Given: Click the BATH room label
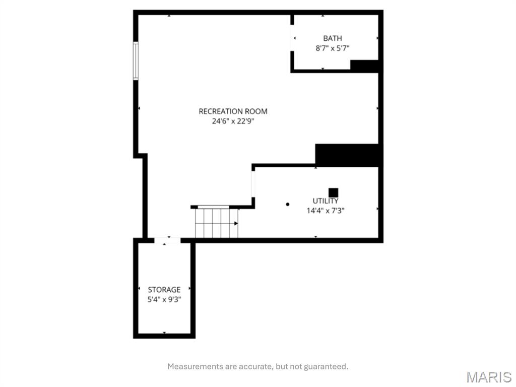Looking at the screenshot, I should click(333, 38).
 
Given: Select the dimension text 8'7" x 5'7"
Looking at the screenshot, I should click(333, 48).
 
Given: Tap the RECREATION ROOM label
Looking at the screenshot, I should click(233, 111).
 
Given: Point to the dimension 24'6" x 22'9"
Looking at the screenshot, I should click(233, 121).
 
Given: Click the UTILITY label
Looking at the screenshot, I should click(325, 201).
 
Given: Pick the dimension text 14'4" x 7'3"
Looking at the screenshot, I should click(325, 211).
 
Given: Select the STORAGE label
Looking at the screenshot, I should click(164, 290).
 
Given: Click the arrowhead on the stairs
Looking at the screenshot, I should click(235, 223).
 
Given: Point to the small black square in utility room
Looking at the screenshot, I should click(333, 192).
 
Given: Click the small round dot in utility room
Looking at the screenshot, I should click(288, 204).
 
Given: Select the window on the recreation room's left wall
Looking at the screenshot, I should click(136, 60).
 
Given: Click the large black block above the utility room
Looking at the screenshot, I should click(347, 155).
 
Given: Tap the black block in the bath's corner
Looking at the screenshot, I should click(364, 66).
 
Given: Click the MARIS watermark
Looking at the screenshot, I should click(488, 376).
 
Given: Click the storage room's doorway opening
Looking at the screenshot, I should click(167, 240).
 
